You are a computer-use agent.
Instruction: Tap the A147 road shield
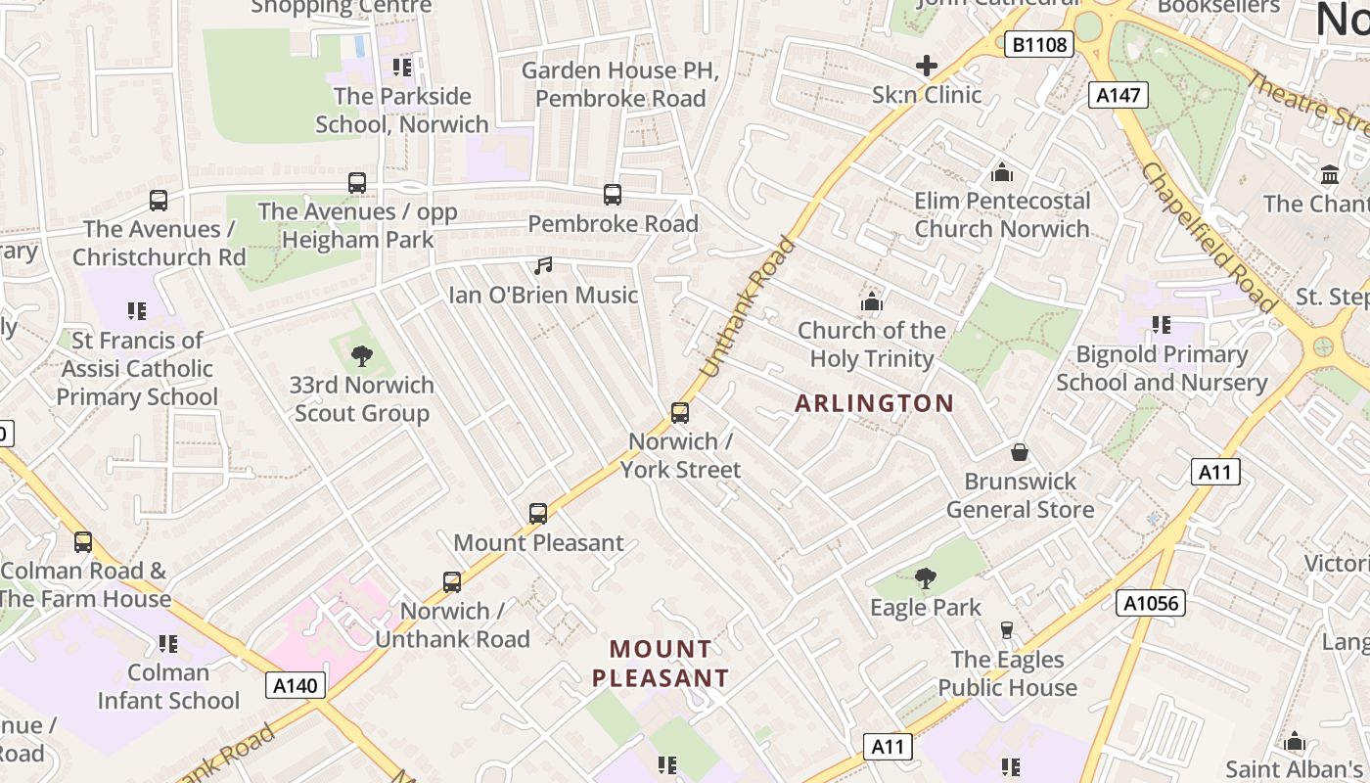pos(1118,95)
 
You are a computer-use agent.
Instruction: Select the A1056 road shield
pos(1150,603)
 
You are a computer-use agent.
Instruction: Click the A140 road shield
pos(295,685)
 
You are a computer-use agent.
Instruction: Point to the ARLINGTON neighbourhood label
pos(874,403)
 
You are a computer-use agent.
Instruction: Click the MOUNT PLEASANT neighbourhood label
pos(661,663)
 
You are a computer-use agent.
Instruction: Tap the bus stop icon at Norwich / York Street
pos(680,412)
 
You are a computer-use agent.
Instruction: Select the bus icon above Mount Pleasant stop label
pos(537,513)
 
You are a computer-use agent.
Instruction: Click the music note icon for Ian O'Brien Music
pos(543,266)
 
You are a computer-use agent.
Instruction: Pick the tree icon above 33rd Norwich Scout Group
pos(362,355)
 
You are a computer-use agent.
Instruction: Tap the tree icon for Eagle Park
pos(925,578)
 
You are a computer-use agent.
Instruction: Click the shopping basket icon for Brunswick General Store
pos(1019,452)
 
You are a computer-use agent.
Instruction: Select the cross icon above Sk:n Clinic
pos(926,67)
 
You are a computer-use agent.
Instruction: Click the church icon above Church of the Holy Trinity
pos(871,301)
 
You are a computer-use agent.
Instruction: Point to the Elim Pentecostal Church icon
pos(1001,172)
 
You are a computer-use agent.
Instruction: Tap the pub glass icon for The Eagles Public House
pos(1007,629)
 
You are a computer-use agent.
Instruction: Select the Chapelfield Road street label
pos(1208,238)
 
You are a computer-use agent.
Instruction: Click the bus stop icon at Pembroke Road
pos(613,194)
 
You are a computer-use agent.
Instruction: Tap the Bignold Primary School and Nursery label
pos(1162,368)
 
